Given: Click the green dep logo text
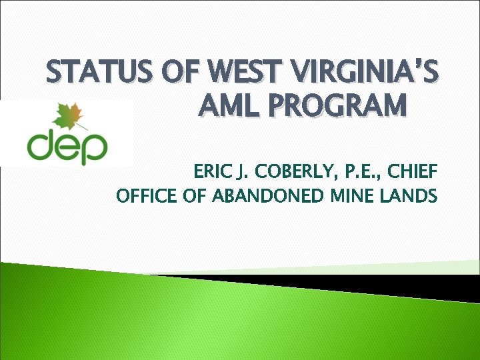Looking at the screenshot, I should (67, 147).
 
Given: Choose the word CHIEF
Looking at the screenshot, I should (415, 173).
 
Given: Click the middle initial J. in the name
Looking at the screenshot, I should (240, 173).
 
